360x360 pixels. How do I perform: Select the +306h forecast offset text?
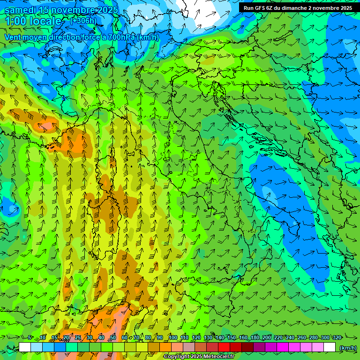pyautogui.click(x=83, y=21)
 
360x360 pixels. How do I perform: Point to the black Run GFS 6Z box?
pyautogui.click(x=298, y=8)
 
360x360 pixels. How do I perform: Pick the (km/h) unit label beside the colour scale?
pyautogui.click(x=348, y=348)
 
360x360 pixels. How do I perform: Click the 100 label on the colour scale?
pyautogui.click(x=173, y=338)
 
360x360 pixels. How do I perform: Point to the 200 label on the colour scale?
pyautogui.click(x=267, y=338)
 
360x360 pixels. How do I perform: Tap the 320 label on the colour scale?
pyautogui.click(x=337, y=338)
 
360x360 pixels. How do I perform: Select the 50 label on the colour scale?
pyautogui.click(x=113, y=338)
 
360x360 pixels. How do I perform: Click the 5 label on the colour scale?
pyautogui.click(x=30, y=338)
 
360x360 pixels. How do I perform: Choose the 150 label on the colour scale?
pyautogui.click(x=232, y=338)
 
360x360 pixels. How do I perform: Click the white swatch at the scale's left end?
pyautogui.click(x=25, y=347)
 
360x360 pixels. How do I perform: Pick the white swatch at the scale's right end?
pyautogui.click(x=330, y=347)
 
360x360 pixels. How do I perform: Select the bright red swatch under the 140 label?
pyautogui.click(x=224, y=347)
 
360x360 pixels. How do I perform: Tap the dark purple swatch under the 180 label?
pyautogui.click(x=259, y=347)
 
